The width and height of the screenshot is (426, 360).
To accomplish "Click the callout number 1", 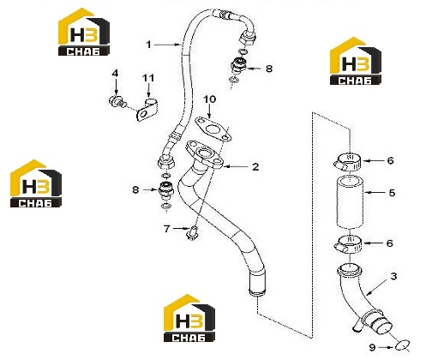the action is click(148, 45).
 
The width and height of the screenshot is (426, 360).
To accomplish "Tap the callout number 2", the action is click(255, 166).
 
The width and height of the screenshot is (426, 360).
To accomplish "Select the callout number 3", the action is click(393, 276).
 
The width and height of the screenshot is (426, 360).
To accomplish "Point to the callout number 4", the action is click(115, 74).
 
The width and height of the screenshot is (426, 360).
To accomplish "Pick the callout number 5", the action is click(392, 193).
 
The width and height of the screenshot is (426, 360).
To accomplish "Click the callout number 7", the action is click(167, 229).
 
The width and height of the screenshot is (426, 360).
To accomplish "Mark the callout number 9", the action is click(372, 347).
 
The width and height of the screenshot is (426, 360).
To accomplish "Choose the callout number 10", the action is click(210, 99).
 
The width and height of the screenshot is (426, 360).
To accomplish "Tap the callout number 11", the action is click(148, 78).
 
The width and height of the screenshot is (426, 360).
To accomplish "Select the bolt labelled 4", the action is click(117, 102).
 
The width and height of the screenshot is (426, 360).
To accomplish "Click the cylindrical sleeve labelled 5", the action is click(350, 202).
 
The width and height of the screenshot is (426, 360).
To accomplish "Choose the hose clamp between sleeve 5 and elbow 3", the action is click(348, 246).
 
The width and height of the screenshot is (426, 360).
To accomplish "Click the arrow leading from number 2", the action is click(236, 166).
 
